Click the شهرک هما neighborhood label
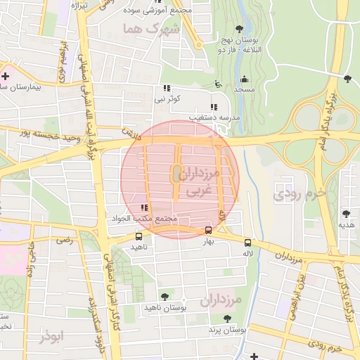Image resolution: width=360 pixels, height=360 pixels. click(x=151, y=29)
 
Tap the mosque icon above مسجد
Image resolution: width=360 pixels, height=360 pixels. click(x=244, y=79)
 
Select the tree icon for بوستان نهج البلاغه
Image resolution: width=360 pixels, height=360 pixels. click(x=239, y=29)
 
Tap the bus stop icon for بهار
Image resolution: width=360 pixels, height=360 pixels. click(x=208, y=231)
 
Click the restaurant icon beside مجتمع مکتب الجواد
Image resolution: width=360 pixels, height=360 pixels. click(x=144, y=207)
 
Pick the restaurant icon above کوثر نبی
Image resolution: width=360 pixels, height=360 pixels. click(x=167, y=89)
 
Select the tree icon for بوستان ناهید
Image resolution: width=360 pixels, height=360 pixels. click(x=165, y=297)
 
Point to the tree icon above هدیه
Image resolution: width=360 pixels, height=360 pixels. click(x=345, y=214)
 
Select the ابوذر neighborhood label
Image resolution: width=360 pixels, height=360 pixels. click(x=51, y=337)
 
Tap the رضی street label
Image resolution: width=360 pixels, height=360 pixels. click(x=65, y=240)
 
